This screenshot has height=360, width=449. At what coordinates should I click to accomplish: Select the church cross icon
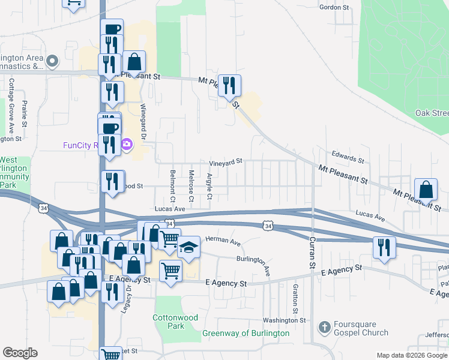coord(324,328)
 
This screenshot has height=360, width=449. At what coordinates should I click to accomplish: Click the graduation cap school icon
coord(188,247)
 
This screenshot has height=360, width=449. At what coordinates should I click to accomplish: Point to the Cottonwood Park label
coord(167,321)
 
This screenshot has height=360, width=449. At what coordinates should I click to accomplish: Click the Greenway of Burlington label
coord(246,333)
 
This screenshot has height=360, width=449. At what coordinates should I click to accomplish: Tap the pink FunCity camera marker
coord(127,145)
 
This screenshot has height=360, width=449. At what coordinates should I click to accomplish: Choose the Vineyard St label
coord(225,162)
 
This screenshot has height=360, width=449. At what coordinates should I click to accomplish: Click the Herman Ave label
coord(223,241)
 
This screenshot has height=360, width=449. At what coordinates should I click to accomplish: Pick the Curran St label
coord(312,251)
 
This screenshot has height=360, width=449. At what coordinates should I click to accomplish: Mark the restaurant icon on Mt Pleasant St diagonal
coord(229,86)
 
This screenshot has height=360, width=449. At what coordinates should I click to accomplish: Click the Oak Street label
coord(432,113)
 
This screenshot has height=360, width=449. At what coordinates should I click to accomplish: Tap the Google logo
coord(20,353)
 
